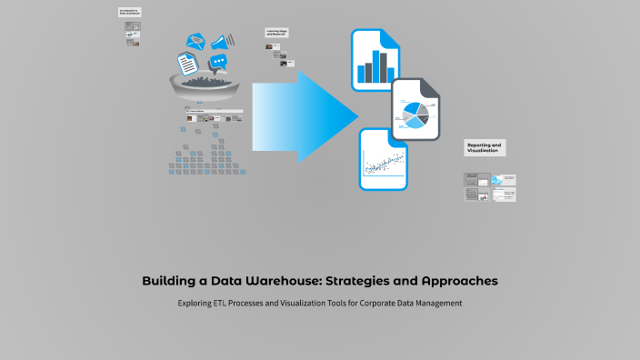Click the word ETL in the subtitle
pyautogui.click(x=221, y=303)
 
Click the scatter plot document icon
pyautogui.click(x=383, y=160)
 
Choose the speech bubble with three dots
pyautogui.click(x=218, y=64)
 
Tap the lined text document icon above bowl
pyautogui.click(x=187, y=64)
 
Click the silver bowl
pyautogui.click(x=206, y=89)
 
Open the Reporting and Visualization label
pyautogui.click(x=484, y=148)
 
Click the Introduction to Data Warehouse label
pyautogui.click(x=130, y=12)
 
